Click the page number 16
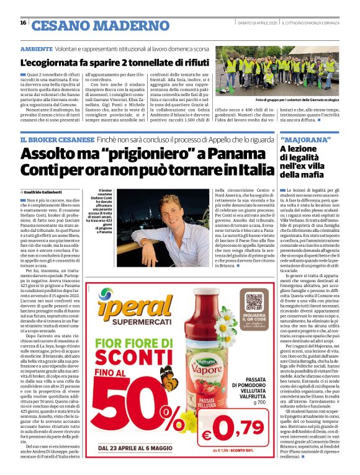tap(23, 23)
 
